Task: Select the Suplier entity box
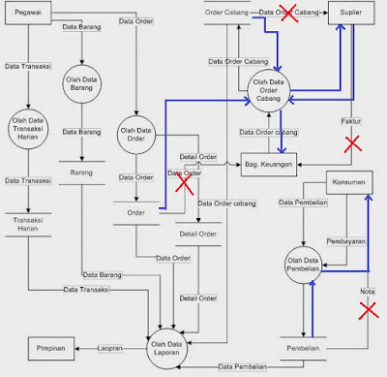click(350, 15)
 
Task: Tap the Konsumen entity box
click(347, 181)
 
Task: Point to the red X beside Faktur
click(352, 142)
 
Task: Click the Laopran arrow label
click(114, 347)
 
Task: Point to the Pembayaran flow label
click(332, 235)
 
